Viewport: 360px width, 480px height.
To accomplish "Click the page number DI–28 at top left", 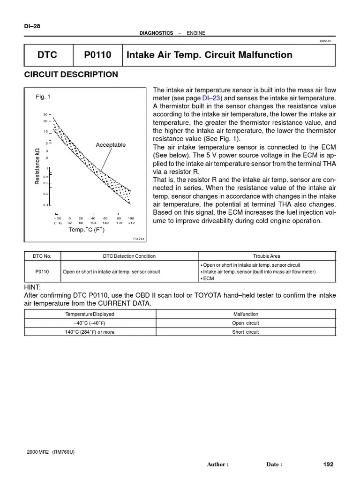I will (x=32, y=26).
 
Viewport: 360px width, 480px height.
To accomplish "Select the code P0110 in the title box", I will (x=97, y=55).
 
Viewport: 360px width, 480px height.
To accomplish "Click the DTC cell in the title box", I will (x=47, y=55).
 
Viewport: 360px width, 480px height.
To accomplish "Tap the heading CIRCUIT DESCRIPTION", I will (x=71, y=75).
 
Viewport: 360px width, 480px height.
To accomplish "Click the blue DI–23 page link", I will (x=212, y=98).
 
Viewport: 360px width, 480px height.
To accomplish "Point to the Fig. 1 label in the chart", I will (x=43, y=97).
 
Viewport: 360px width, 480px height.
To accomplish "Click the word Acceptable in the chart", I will (x=111, y=145).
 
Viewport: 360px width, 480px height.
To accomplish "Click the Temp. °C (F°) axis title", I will (x=86, y=230).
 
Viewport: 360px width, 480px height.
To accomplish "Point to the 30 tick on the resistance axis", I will (x=45, y=114).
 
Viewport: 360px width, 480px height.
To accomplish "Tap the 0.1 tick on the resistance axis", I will (x=45, y=205).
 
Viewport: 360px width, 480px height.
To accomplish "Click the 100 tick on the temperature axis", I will (x=131, y=218).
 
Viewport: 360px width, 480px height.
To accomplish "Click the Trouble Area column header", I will (x=266, y=256).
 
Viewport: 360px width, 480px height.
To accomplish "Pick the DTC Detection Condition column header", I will (x=129, y=256).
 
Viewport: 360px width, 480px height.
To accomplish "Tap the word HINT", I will (x=32, y=287).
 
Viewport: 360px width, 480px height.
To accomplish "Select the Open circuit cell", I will (x=245, y=323).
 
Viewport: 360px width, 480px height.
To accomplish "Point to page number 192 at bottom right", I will (x=328, y=464).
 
